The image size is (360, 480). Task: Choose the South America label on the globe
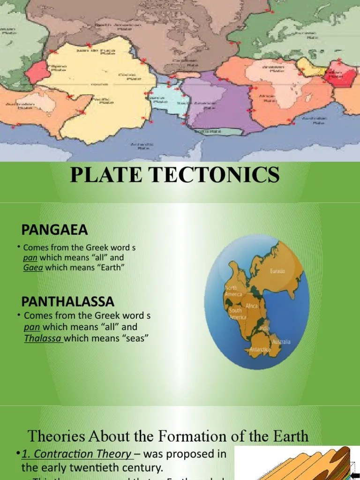[235, 314]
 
